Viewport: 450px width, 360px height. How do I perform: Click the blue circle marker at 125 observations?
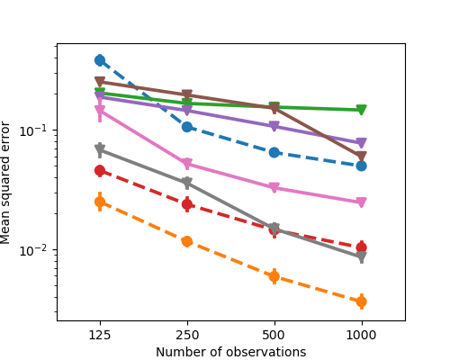pyautogui.click(x=100, y=60)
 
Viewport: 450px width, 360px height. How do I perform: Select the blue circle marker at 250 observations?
pyautogui.click(x=187, y=127)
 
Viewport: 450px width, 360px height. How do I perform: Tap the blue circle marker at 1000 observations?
pyautogui.click(x=361, y=166)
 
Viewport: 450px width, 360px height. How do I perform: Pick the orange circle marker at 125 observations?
pyautogui.click(x=100, y=202)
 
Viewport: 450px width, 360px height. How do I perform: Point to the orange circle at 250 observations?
pyautogui.click(x=187, y=241)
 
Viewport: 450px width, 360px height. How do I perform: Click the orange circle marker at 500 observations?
pyautogui.click(x=274, y=276)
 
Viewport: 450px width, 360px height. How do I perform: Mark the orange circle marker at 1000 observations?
pyautogui.click(x=361, y=301)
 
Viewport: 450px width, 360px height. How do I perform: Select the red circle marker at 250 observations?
pyautogui.click(x=187, y=204)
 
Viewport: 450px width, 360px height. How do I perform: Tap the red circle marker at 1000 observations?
pyautogui.click(x=361, y=247)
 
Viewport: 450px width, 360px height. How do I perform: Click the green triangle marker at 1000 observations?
pyautogui.click(x=361, y=111)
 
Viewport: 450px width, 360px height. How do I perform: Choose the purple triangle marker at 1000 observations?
pyautogui.click(x=361, y=143)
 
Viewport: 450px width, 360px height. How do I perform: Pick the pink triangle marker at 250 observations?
pyautogui.click(x=187, y=165)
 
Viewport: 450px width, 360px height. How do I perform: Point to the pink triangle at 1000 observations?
pyautogui.click(x=361, y=203)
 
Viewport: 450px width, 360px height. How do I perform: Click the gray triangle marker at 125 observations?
pyautogui.click(x=100, y=150)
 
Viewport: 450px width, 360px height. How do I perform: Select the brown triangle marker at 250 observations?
pyautogui.click(x=187, y=95)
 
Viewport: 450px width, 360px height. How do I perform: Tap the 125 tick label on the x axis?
pyautogui.click(x=100, y=334)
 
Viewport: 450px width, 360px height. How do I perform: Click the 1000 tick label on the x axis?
pyautogui.click(x=361, y=334)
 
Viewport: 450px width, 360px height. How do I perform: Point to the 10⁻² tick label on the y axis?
pyautogui.click(x=38, y=250)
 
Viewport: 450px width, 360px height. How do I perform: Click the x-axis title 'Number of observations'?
pyautogui.click(x=230, y=352)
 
